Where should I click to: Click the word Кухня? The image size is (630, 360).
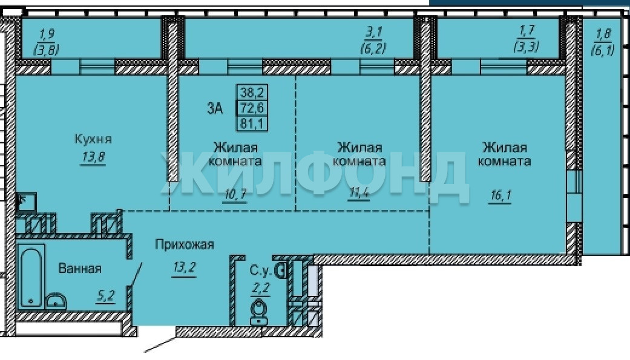[93, 139]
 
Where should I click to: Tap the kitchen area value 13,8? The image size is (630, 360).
[93, 157]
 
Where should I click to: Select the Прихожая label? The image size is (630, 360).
[185, 244]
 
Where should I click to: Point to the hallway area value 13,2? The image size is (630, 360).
[185, 267]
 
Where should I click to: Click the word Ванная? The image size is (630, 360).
[80, 268]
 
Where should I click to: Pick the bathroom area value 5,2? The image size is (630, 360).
[106, 296]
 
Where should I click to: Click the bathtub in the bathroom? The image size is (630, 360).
[31, 277]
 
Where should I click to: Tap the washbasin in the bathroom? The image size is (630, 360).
[56, 301]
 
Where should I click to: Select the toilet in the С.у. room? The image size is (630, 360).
[258, 313]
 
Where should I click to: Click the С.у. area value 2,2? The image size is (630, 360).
[260, 289]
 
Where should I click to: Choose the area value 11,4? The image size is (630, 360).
[359, 193]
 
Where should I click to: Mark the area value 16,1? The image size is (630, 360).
[500, 196]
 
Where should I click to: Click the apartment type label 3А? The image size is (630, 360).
[215, 108]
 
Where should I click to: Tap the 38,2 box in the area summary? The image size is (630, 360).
[252, 93]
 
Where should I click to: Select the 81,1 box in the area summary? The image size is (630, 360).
[252, 123]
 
